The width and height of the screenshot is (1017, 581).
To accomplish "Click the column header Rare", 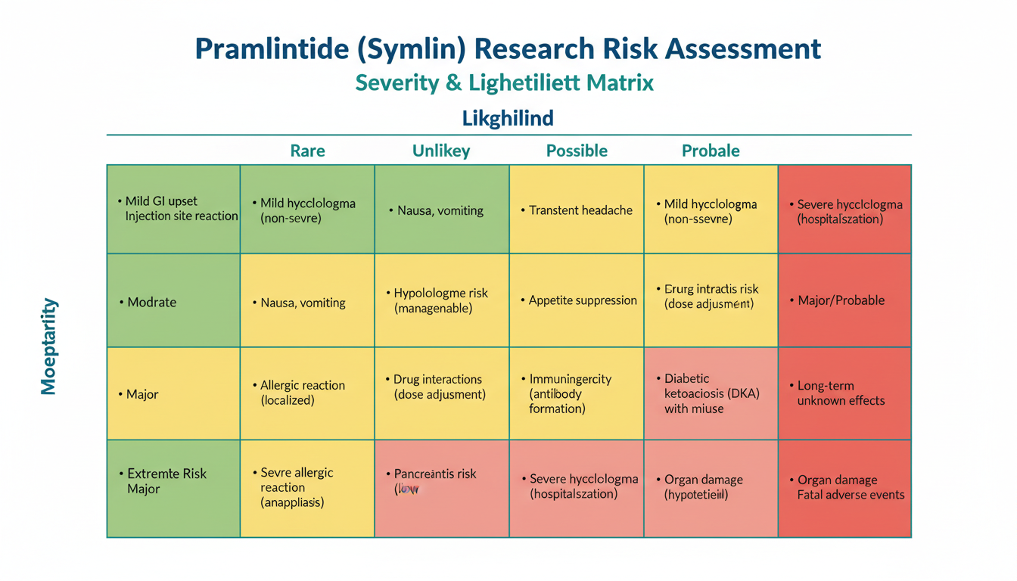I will tap(307, 151).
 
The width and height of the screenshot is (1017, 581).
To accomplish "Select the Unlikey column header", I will tap(441, 151).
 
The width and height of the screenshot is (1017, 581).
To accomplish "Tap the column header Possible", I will tap(577, 151).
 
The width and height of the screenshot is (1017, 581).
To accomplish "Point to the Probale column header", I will tap(711, 151).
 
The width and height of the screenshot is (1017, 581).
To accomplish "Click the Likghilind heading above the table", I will tap(508, 118).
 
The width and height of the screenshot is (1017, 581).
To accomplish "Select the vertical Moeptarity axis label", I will tap(48, 346).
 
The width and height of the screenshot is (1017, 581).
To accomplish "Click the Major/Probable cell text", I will tap(841, 300).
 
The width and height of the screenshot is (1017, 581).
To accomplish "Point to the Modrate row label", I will tap(151, 302).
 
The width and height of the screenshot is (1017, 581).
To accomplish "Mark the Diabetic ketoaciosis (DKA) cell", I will tap(711, 393).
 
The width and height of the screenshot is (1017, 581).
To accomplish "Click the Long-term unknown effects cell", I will tap(840, 393).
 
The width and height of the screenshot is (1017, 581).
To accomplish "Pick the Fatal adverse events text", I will tap(851, 495).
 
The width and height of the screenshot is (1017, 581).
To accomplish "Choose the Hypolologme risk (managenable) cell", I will tap(441, 300).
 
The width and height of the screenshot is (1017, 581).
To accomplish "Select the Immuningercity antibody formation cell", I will tap(570, 393).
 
